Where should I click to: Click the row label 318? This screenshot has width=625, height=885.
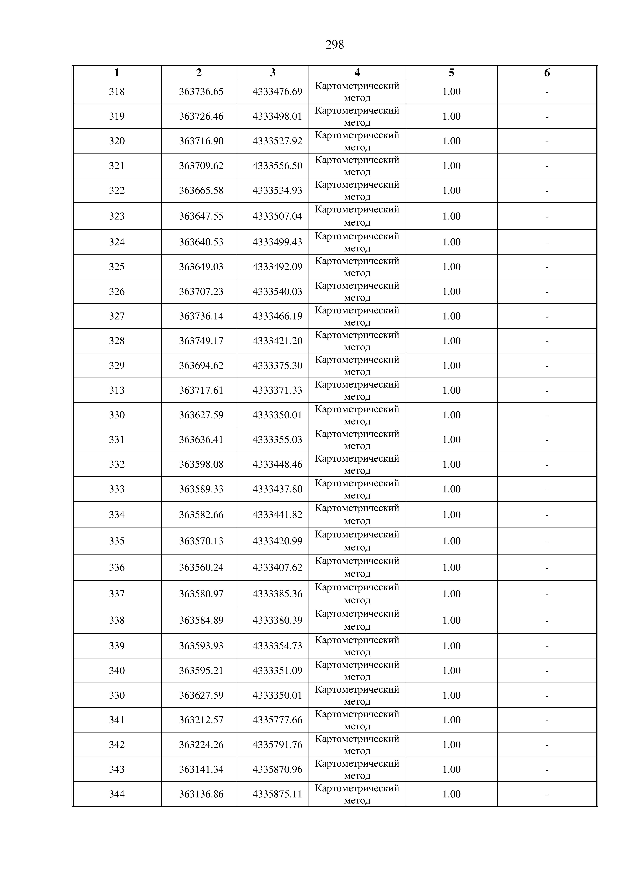[117, 92]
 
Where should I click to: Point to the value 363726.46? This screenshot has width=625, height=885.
[201, 116]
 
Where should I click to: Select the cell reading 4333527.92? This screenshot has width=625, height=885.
[277, 141]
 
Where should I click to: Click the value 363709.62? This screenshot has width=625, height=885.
[201, 166]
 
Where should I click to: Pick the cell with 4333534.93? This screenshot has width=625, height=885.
[277, 190]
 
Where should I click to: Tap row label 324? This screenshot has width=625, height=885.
[117, 242]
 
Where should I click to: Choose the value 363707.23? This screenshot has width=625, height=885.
[201, 291]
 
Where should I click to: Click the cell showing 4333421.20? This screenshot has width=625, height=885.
[277, 341]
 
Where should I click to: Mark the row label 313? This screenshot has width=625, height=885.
[117, 390]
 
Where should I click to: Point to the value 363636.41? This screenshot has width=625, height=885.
[201, 439]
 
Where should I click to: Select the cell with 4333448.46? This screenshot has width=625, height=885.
[277, 464]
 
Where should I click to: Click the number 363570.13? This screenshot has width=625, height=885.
[201, 541]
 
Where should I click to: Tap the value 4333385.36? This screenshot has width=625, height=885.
[277, 594]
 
